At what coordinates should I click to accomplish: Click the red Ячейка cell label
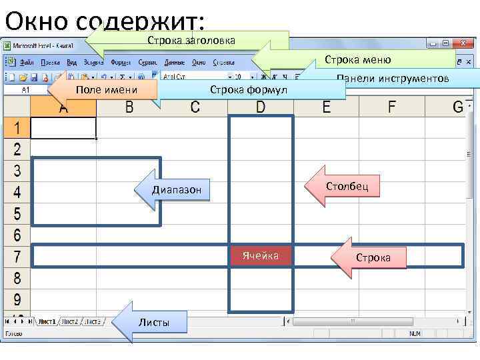[261, 256]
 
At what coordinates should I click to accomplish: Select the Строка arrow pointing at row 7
[373, 257]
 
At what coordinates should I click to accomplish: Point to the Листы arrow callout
[153, 323]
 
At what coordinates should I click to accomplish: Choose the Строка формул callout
[248, 90]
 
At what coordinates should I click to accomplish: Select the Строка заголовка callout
[191, 41]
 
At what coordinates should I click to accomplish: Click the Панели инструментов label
[393, 79]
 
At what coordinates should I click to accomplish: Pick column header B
[129, 107]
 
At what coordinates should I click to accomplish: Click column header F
[391, 107]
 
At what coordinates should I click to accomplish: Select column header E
[326, 107]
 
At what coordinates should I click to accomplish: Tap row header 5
[17, 215]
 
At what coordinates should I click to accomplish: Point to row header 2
[17, 149]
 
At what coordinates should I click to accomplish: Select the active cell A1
[63, 128]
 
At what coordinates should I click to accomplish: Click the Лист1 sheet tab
[46, 321]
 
